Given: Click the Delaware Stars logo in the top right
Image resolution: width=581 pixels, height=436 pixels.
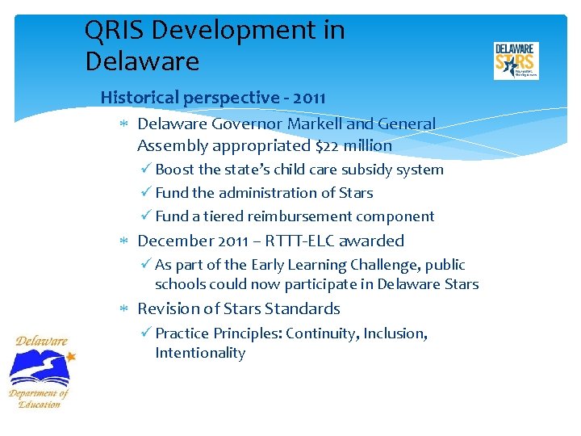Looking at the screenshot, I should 516,61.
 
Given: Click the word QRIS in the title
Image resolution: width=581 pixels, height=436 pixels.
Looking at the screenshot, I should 115,31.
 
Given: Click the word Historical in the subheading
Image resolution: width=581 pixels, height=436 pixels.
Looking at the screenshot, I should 140,98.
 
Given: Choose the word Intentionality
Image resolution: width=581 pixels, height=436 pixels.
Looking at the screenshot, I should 200,353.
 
